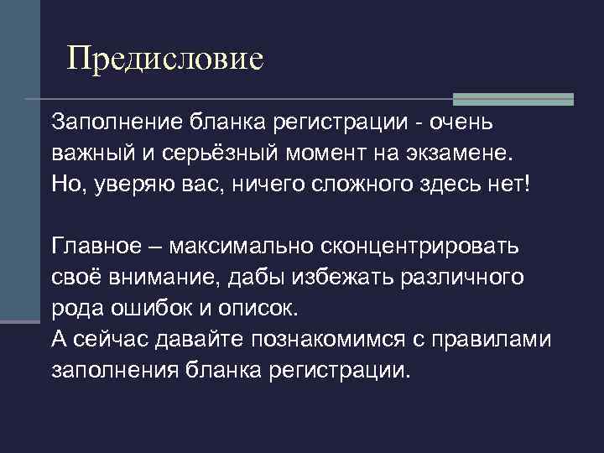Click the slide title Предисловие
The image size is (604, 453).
165,58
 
